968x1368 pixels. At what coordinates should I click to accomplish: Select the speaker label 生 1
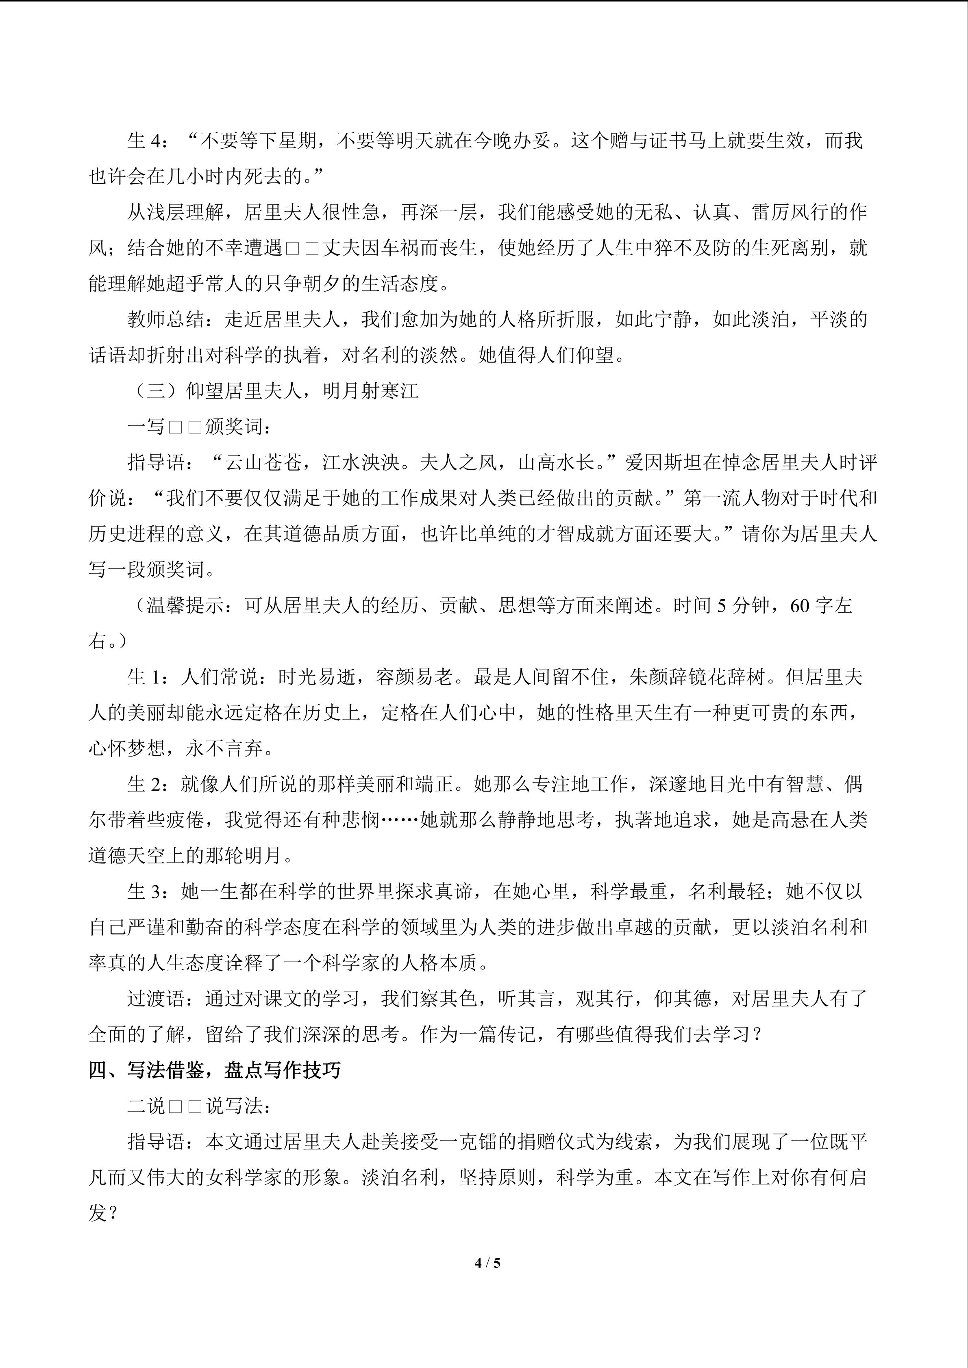coord(144,677)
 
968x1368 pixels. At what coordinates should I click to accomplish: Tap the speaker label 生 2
coord(144,784)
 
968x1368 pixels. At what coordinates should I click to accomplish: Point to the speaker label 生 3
coord(144,891)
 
